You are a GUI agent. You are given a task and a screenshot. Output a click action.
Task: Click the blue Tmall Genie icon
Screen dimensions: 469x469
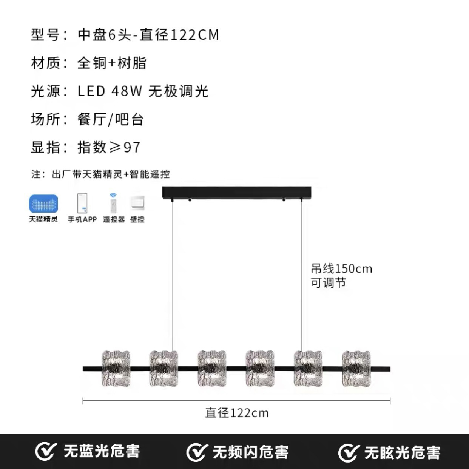coord(44,204)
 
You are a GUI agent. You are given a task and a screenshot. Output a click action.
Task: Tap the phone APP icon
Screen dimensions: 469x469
coord(82,203)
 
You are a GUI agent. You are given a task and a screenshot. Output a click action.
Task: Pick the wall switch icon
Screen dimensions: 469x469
coord(137,203)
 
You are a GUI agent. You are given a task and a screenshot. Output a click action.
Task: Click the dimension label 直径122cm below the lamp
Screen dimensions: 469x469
coord(237,413)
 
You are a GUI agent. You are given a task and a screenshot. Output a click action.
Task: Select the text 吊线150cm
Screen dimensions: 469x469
coord(342,269)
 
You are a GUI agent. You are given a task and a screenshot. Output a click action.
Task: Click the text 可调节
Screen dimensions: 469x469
coord(329,283)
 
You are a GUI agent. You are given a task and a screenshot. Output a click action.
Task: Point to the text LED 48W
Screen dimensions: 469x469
coord(110,91)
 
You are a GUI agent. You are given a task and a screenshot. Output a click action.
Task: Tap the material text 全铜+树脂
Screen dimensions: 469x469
coord(112,63)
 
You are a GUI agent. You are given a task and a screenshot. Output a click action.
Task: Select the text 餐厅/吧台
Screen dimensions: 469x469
coord(111,119)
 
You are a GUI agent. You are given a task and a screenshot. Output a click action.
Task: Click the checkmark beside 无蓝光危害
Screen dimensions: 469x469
coord(45,452)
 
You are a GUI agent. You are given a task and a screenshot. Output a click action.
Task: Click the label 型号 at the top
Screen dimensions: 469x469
coord(46,35)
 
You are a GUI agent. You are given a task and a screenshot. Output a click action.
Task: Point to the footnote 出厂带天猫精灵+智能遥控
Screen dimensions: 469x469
coord(111,174)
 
